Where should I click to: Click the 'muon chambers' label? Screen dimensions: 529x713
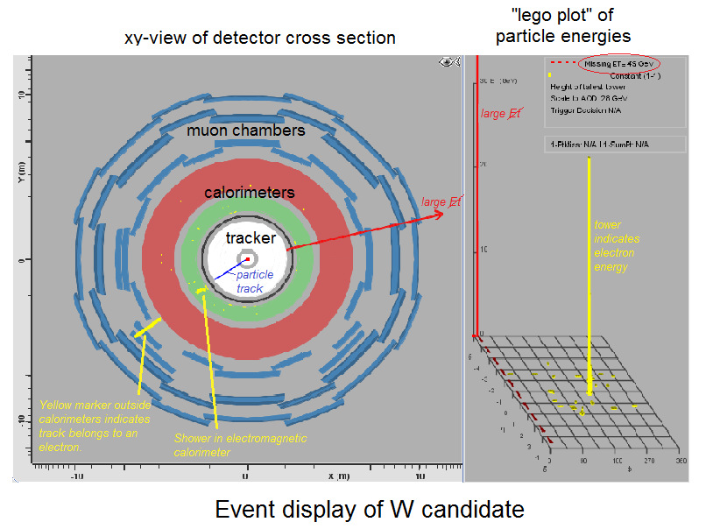tap(245, 130)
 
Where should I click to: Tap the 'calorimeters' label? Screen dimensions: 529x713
tap(249, 193)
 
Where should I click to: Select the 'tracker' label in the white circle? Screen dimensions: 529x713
tap(251, 237)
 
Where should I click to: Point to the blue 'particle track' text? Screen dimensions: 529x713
tap(255, 281)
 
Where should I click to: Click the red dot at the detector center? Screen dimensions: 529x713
tap(249, 259)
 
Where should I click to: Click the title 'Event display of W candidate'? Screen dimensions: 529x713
tap(369, 509)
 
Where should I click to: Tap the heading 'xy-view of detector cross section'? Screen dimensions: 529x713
tap(260, 38)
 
